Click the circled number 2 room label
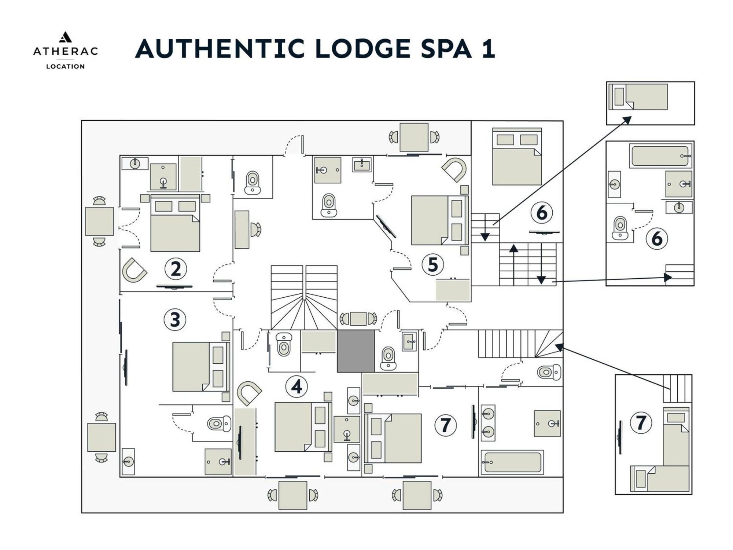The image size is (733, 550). point(176,269)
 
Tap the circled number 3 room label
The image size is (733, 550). point(175,319)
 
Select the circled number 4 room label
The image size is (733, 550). point(296,386)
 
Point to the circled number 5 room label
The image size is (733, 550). point(433,264)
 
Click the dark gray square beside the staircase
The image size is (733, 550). point(356,351)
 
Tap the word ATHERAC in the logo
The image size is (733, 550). point(66,51)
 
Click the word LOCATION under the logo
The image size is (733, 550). point(65,66)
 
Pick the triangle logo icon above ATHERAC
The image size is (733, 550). point(65,37)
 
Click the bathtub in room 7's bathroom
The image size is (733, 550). point(512,462)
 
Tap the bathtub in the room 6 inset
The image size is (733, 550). point(660,156)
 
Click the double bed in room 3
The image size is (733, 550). point(201,367)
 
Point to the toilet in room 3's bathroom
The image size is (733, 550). point(219,424)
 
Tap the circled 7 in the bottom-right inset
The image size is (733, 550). point(641,422)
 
